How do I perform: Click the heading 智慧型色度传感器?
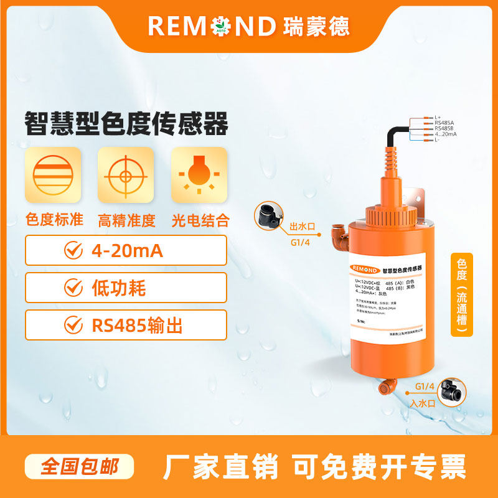click(126, 123)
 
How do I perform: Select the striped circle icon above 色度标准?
click(53, 175)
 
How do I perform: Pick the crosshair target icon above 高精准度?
click(126, 175)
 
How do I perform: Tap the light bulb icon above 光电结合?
click(199, 175)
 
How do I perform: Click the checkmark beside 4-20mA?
click(73, 250)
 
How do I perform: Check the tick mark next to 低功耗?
click(73, 288)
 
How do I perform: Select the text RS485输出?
click(137, 325)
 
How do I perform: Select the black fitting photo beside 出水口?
click(266, 217)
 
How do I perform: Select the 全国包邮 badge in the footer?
click(80, 466)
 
